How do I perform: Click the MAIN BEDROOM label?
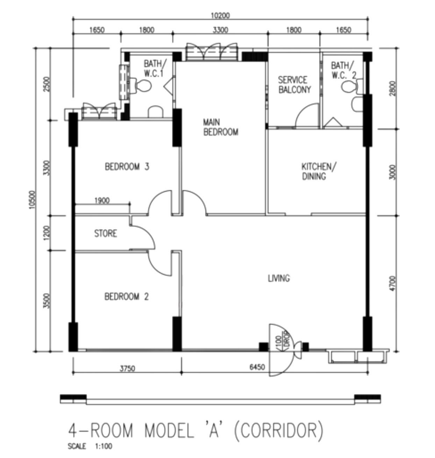pyautogui.click(x=221, y=127)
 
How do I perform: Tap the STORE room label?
pyautogui.click(x=106, y=234)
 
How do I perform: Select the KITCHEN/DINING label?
pyautogui.click(x=319, y=172)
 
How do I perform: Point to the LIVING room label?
pyautogui.click(x=279, y=278)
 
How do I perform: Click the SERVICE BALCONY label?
pyautogui.click(x=294, y=85)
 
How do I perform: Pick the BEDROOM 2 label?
pyautogui.click(x=126, y=296)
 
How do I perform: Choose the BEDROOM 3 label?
pyautogui.click(x=127, y=167)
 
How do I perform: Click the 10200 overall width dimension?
pyautogui.click(x=220, y=15)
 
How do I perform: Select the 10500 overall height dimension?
pyautogui.click(x=33, y=200)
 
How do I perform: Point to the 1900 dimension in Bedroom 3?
pyautogui.click(x=102, y=200)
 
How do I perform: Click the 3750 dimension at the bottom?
pyautogui.click(x=127, y=368)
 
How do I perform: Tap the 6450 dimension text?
pyautogui.click(x=257, y=367)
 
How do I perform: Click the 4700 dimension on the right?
pyautogui.click(x=393, y=283)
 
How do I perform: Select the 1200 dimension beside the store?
pyautogui.click(x=47, y=233)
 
